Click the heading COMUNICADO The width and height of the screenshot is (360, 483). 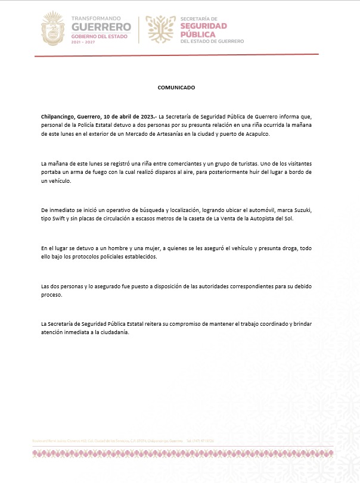pos(176,87)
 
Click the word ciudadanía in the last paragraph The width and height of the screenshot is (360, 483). pos(113,332)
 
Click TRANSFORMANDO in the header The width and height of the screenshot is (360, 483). pos(97,19)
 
